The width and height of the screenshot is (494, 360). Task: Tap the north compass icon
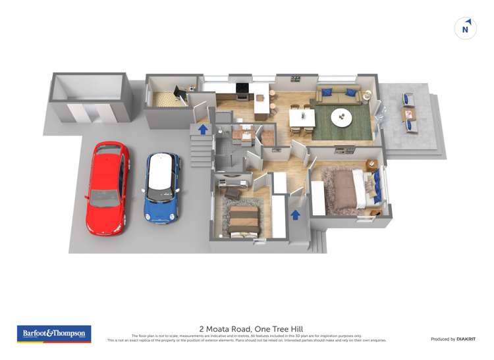466,28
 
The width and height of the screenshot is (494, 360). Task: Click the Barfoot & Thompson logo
54,334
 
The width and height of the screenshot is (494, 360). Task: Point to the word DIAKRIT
465,339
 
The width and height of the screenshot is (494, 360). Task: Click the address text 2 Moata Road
224,328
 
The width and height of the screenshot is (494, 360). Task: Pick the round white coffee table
341,118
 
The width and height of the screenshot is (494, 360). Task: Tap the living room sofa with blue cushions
337,96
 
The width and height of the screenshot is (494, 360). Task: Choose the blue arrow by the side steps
204,129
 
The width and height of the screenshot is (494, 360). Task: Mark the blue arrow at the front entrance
296,214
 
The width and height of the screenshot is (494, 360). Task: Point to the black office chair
179,93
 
